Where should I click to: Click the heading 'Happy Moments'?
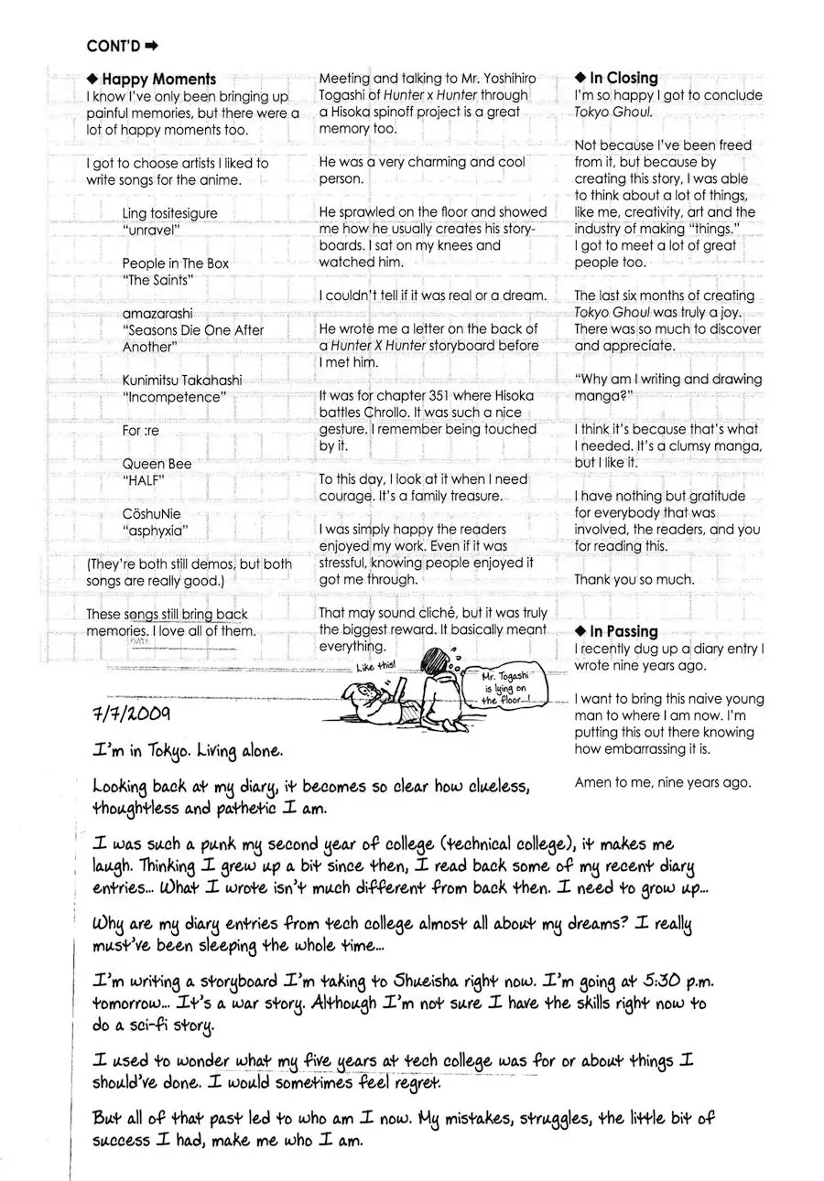(158, 80)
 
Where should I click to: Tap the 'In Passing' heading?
(623, 632)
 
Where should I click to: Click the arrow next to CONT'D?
(152, 45)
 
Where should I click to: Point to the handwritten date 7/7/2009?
(133, 709)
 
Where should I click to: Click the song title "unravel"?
(151, 231)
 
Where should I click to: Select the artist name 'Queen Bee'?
(157, 464)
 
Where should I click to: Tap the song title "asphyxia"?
(154, 531)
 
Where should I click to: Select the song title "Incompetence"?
(173, 397)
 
